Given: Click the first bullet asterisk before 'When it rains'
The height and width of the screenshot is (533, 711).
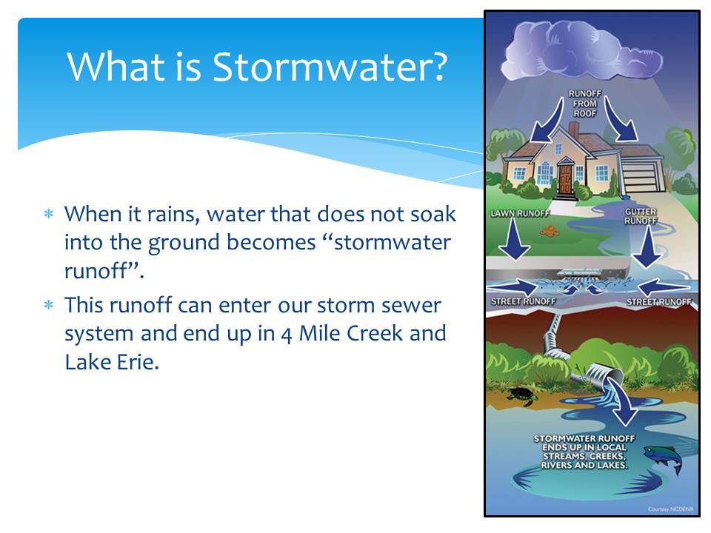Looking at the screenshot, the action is pos(49,213).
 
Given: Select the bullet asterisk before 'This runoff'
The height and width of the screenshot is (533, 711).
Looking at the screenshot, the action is pos(49,304).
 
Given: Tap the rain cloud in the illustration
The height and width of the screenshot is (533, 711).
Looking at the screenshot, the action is pos(582,50).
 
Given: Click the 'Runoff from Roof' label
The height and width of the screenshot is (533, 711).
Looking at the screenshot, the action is pos(584,104).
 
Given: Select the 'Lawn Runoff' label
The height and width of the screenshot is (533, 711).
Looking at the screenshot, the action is pos(520,213).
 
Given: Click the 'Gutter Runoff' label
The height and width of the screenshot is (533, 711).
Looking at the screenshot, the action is pos(640,216).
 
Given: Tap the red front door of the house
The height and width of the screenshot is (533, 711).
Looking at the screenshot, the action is pos(565,179).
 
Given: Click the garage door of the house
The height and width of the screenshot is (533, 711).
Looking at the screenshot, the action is pos(639,177).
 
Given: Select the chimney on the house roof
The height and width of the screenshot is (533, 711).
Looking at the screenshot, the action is pos(573,129).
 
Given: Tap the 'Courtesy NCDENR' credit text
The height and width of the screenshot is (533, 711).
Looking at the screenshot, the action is pos(670,509).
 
